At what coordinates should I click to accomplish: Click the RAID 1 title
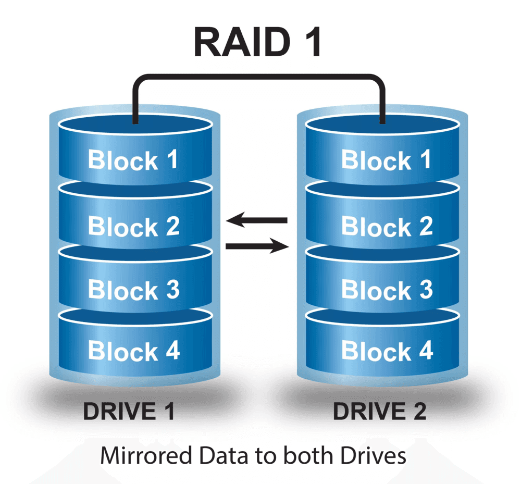(257, 42)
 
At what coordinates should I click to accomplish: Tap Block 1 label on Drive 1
(133, 160)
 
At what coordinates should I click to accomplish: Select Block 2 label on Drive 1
(134, 226)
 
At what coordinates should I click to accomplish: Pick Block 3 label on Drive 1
(134, 289)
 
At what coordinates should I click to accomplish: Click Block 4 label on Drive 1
(134, 350)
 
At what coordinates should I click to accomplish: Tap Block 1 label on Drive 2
(387, 160)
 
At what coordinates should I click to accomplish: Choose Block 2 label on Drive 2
(388, 226)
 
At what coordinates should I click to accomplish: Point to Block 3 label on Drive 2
(388, 289)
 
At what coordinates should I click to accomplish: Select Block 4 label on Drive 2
(388, 350)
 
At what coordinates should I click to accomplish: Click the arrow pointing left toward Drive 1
(256, 220)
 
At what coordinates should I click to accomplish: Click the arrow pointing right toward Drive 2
(257, 246)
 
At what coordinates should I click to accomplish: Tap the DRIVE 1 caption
(129, 411)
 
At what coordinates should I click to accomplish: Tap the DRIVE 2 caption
(379, 411)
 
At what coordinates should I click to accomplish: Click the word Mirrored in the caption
(146, 455)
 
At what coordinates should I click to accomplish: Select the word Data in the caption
(224, 455)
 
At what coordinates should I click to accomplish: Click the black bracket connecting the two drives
(259, 77)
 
